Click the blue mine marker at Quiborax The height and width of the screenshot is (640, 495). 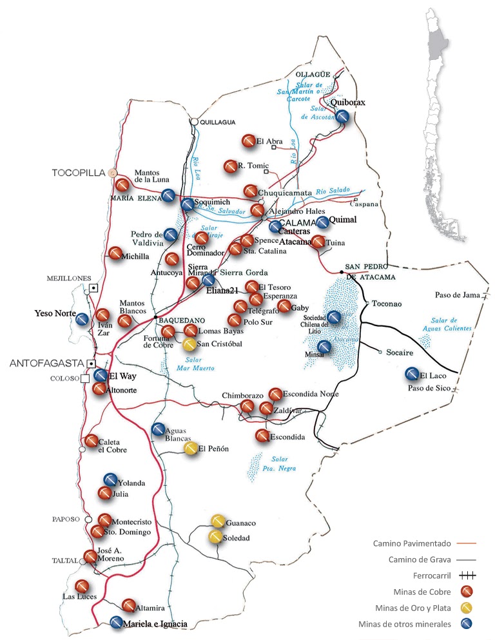343,117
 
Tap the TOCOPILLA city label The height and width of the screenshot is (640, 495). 79,173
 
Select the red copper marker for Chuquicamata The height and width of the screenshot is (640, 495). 250,191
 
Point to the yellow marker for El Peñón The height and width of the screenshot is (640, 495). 190,449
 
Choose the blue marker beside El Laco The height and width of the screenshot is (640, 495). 412,374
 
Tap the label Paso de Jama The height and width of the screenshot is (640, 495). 458,295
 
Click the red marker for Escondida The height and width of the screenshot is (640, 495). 262,436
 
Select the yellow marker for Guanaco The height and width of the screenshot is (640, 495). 218,521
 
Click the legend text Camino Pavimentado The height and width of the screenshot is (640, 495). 409,543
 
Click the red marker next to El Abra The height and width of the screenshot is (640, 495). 249,141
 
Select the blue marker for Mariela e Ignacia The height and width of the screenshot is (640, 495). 116,623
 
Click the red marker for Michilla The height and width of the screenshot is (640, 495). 115,254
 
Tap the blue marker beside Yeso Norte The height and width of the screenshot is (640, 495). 82,319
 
